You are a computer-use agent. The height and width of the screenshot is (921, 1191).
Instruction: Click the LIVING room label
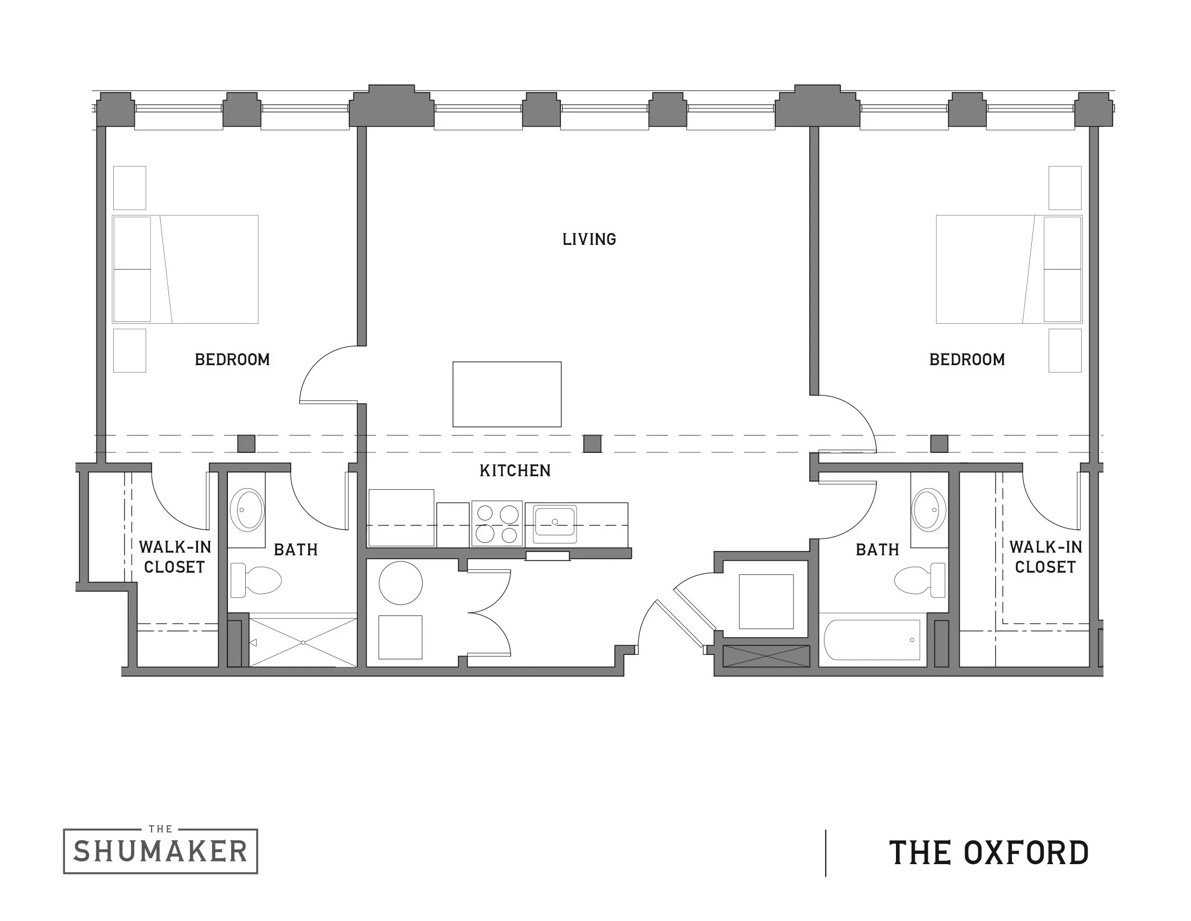tap(589, 239)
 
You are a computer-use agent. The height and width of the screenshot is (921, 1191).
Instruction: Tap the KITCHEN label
tap(515, 470)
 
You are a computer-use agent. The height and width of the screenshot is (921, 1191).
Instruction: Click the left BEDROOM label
tap(232, 360)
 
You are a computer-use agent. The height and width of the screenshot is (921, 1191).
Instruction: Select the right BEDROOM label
tap(967, 360)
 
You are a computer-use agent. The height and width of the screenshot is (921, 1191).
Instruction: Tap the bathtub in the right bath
tap(872, 639)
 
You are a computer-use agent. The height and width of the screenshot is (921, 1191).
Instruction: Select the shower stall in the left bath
tap(303, 643)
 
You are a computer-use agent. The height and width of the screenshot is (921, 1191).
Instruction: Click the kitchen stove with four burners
tap(497, 523)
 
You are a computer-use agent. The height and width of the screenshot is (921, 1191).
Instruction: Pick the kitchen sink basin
tap(554, 522)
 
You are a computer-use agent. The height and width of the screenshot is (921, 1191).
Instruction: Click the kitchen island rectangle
tap(507, 394)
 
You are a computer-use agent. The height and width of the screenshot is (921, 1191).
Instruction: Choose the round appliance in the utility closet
tap(400, 583)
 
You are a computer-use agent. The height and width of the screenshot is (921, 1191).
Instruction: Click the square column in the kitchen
tap(592, 444)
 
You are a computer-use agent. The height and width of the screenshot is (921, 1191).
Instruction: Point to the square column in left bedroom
tap(246, 444)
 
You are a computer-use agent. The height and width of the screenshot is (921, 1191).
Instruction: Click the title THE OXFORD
tap(989, 853)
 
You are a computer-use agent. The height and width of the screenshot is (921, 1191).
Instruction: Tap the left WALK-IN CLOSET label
tap(174, 556)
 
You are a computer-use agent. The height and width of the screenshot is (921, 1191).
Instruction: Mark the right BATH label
tap(878, 549)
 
